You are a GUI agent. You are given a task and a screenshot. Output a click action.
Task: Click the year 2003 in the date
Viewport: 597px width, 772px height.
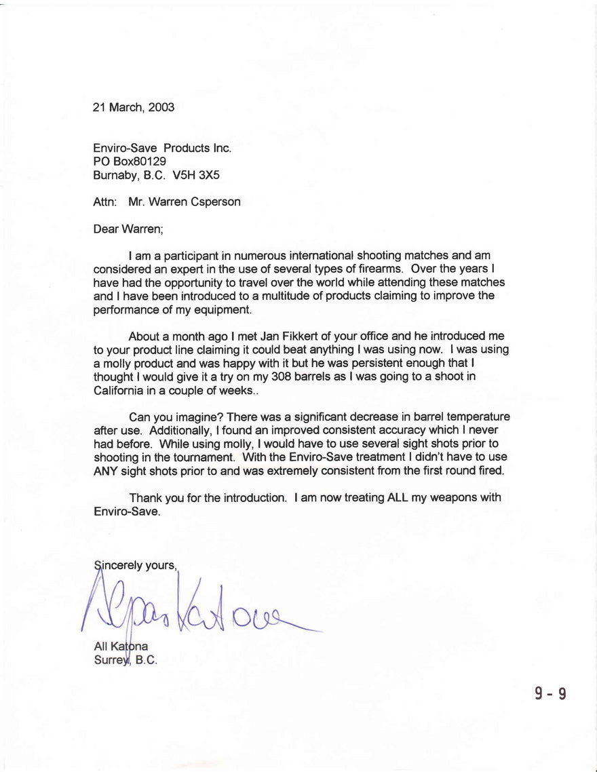click(161, 107)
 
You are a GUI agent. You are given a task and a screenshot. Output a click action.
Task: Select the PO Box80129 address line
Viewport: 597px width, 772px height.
click(130, 161)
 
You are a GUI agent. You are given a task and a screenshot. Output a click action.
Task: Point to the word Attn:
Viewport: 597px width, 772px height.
click(105, 202)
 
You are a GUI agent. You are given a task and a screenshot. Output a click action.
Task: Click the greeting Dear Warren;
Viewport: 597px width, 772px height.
click(128, 229)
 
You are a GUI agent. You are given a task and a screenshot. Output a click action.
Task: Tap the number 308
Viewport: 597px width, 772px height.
click(282, 377)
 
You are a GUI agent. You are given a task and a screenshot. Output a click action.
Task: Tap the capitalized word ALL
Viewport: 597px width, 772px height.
click(397, 498)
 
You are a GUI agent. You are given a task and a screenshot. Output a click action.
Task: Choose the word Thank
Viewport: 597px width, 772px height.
click(145, 498)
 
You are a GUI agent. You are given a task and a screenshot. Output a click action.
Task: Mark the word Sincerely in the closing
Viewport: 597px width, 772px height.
click(120, 564)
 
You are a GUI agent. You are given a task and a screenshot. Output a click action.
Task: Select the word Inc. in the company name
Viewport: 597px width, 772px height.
click(222, 148)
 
